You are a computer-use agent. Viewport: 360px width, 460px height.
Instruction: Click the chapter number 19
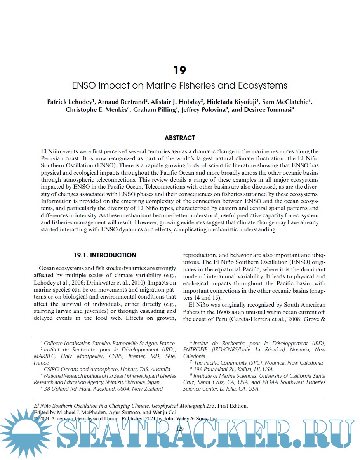tap(180, 70)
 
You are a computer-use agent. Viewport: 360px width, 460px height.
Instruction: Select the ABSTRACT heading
tap(180, 138)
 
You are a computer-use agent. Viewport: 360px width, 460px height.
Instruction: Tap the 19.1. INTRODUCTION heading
tap(105, 255)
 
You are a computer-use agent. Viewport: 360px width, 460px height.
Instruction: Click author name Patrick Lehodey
tap(70, 102)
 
